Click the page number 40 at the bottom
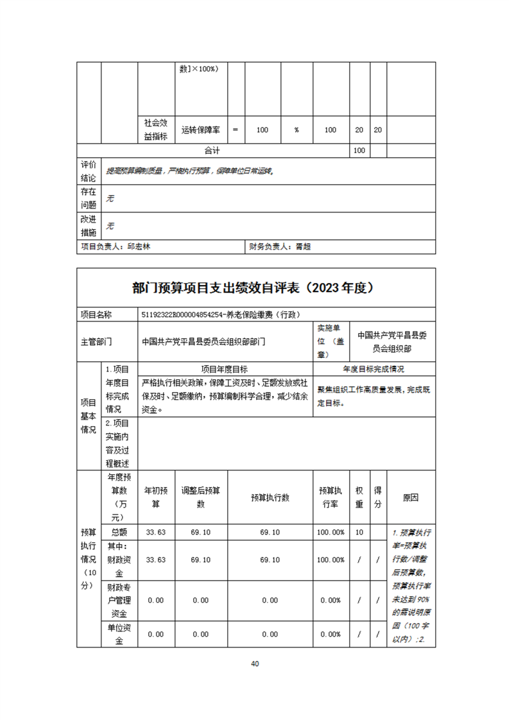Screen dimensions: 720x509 tap(255, 663)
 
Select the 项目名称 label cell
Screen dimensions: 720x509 tap(96, 315)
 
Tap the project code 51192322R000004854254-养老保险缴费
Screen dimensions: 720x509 tap(221, 315)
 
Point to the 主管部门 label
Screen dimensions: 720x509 tap(96, 341)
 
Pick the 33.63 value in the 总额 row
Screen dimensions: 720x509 tap(156, 533)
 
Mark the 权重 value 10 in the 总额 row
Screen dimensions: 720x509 tap(359, 533)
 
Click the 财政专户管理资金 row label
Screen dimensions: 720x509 tap(119, 600)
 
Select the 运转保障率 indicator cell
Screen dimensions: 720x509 tap(201, 130)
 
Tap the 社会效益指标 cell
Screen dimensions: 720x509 tap(156, 130)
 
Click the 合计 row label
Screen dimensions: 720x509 tap(212, 151)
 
